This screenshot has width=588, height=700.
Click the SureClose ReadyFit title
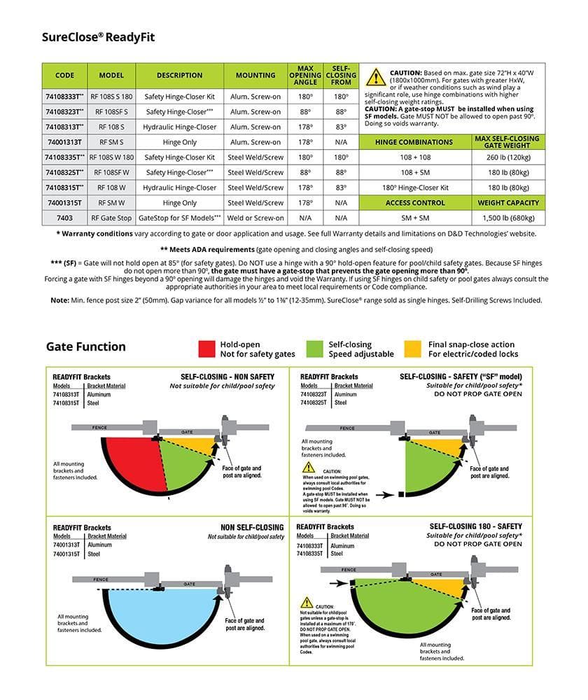click(x=98, y=37)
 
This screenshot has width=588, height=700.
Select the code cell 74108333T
click(x=64, y=97)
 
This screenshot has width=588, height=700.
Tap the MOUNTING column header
click(x=255, y=76)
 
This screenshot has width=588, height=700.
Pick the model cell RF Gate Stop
click(x=111, y=218)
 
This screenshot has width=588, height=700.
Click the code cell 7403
click(x=64, y=218)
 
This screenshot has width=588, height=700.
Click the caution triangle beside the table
click(x=376, y=77)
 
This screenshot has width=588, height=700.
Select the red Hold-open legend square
click(x=206, y=349)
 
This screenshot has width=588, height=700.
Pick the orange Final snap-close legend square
click(x=414, y=349)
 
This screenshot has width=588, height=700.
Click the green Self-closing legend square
click(x=316, y=349)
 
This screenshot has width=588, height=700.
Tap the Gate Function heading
click(x=86, y=346)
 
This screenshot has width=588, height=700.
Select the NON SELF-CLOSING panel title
click(x=252, y=527)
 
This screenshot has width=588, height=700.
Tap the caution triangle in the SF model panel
click(x=308, y=467)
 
